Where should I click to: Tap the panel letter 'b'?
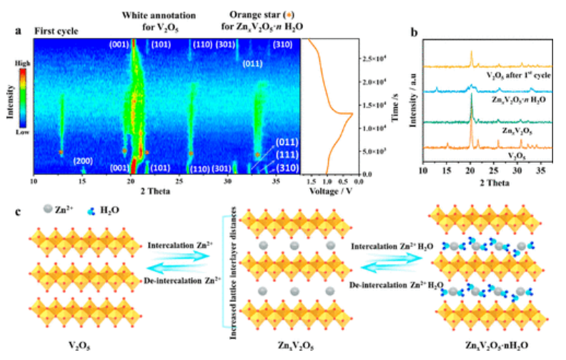click(415, 31)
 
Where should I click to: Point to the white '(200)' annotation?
click(83, 161)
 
